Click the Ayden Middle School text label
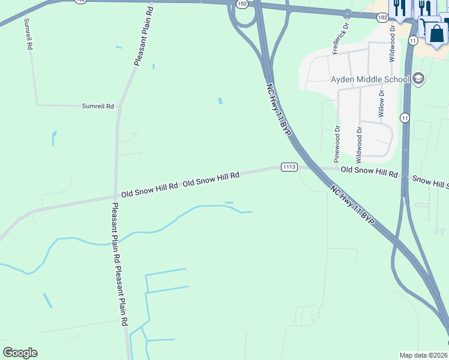click(x=370, y=79)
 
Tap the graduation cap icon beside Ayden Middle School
click(x=418, y=79)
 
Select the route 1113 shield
click(x=289, y=167)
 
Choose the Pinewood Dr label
click(x=337, y=143)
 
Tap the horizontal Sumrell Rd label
click(x=98, y=106)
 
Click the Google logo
click(x=20, y=353)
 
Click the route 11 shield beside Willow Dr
click(x=406, y=118)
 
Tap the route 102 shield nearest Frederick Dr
click(x=382, y=18)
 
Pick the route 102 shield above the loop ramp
click(x=241, y=4)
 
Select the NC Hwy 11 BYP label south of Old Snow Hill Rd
click(x=352, y=205)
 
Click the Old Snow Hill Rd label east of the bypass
click(x=369, y=173)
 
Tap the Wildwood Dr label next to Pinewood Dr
click(x=359, y=145)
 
